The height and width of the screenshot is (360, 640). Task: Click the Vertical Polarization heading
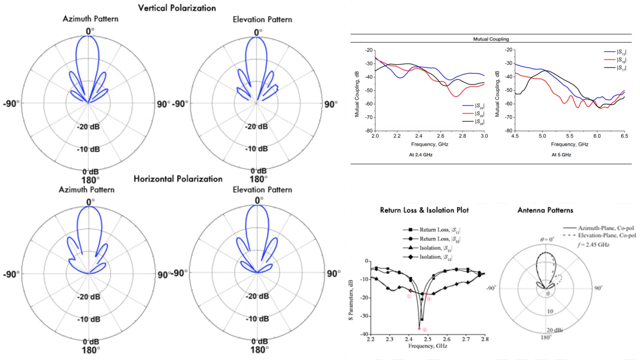(x=177, y=8)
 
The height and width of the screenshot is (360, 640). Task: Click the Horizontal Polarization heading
(x=178, y=179)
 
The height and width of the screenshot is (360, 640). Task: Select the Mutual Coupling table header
(x=491, y=39)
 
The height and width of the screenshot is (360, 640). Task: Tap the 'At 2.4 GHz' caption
(x=421, y=155)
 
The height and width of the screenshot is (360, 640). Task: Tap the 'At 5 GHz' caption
(x=561, y=155)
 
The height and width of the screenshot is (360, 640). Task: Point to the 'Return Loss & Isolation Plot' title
(x=424, y=210)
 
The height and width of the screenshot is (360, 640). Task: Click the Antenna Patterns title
(x=545, y=210)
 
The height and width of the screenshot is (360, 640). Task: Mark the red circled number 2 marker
(x=425, y=330)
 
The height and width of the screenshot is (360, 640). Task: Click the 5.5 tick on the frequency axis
(x=570, y=136)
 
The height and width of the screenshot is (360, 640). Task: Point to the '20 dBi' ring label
(x=554, y=330)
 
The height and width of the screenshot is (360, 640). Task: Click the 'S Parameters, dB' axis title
(x=351, y=300)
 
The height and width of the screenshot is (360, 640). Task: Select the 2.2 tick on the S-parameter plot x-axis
(x=370, y=339)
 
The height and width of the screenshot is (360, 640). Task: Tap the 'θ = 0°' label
(x=547, y=240)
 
